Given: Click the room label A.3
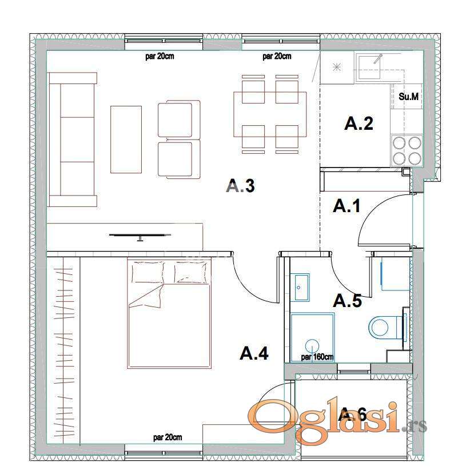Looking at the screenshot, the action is pos(241,186).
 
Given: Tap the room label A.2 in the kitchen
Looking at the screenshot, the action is pos(359,124).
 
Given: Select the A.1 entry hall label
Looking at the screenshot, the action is pos(347,206).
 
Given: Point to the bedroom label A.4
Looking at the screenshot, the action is pos(254,353).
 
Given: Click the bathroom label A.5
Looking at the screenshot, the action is pos(348,300).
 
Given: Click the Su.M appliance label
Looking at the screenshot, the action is pos(408,97).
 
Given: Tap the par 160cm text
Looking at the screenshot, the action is pos(317,357).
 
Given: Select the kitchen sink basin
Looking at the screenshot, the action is pos(368,66).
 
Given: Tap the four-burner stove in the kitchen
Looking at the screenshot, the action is pos(407,150).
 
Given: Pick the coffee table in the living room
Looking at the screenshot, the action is pos(126,140).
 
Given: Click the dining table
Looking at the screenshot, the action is pos(270,114).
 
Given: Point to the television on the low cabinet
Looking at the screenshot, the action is pos(140,236).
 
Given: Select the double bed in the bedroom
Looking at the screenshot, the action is pos(169,313).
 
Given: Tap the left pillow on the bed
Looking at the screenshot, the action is pos(148,272).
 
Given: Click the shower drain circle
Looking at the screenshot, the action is pos(312,345).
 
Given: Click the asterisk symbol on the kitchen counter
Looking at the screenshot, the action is pos(337,67).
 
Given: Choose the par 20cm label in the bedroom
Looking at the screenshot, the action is pos(168,437).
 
